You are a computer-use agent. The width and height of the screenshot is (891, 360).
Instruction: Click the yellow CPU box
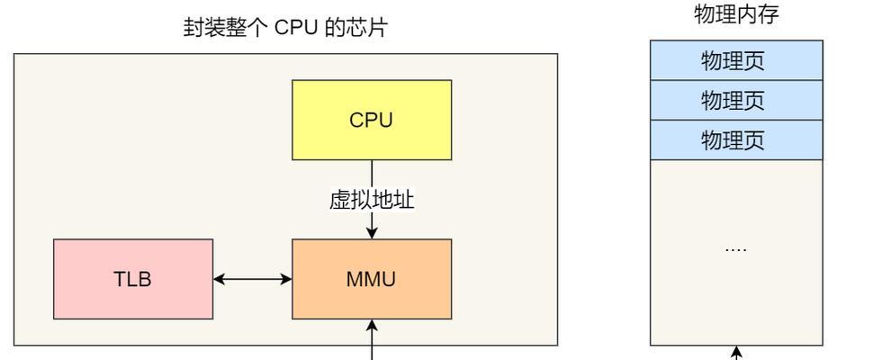pyautogui.click(x=372, y=120)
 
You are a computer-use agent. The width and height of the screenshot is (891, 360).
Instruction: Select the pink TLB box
pyautogui.click(x=133, y=279)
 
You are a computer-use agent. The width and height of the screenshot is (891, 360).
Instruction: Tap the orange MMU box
pyautogui.click(x=372, y=279)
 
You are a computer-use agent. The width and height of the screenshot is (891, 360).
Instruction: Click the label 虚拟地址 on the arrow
pyautogui.click(x=372, y=200)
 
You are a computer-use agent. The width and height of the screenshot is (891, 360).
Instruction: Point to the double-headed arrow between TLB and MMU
pyautogui.click(x=252, y=279)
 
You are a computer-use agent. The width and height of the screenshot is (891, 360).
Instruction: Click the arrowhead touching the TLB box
pyautogui.click(x=219, y=279)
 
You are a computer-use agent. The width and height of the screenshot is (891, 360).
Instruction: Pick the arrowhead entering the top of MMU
pyautogui.click(x=372, y=233)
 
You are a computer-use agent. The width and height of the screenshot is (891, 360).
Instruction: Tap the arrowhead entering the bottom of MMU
pyautogui.click(x=372, y=325)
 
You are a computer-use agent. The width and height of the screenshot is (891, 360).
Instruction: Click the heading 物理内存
pyautogui.click(x=736, y=14)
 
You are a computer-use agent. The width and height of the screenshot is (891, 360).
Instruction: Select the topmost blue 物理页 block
pyautogui.click(x=736, y=60)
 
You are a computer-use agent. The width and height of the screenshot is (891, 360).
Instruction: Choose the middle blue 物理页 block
pyautogui.click(x=736, y=100)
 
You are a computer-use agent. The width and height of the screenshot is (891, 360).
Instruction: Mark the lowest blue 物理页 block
pyautogui.click(x=736, y=139)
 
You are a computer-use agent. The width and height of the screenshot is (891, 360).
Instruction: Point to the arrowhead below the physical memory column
pyautogui.click(x=736, y=352)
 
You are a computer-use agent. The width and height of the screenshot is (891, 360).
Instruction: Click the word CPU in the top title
pyautogui.click(x=296, y=28)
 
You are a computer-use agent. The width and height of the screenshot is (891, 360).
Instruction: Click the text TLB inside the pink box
pyautogui.click(x=132, y=279)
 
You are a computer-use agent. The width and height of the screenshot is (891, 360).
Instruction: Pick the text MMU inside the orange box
pyautogui.click(x=371, y=279)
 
